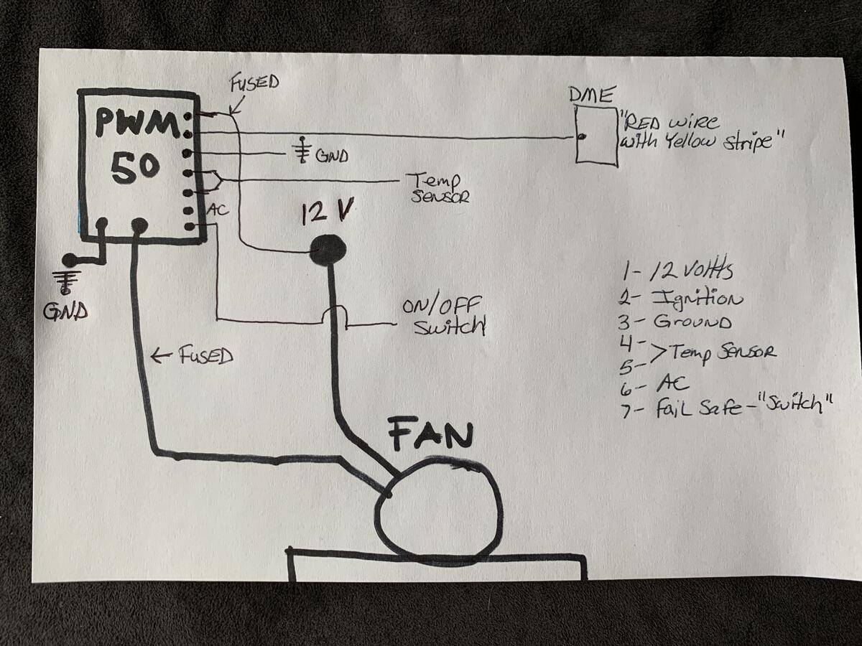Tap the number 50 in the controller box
point(134,167)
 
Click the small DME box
point(597,136)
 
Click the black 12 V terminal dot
point(328,250)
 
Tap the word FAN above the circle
point(431,434)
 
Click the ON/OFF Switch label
point(444,315)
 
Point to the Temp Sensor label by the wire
point(438,187)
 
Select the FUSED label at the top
point(254,83)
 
